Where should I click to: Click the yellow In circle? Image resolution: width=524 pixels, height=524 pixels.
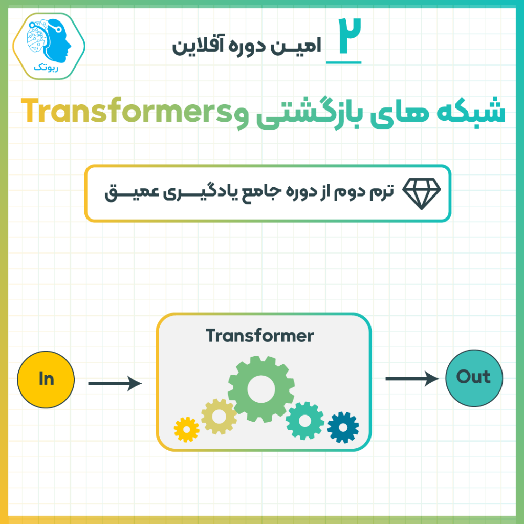coord(46,379)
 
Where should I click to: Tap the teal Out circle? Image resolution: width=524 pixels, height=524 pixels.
coord(474,378)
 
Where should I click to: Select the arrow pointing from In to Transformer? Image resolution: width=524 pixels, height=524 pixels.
coord(115,383)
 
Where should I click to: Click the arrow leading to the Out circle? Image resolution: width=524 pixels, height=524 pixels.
coord(412,379)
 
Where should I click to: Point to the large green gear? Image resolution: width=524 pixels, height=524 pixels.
coord(261,389)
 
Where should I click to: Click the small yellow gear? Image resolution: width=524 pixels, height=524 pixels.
coord(186,429)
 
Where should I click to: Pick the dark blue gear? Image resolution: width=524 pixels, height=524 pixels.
coord(343,427)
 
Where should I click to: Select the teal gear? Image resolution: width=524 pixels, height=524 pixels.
coord(305,421)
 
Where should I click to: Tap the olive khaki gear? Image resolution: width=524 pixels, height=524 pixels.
coord(219,417)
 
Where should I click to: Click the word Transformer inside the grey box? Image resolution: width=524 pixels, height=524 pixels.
coord(259,336)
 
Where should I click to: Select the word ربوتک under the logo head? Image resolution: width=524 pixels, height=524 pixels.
coord(46,68)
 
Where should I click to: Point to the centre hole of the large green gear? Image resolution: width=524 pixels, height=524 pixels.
coord(261,389)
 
